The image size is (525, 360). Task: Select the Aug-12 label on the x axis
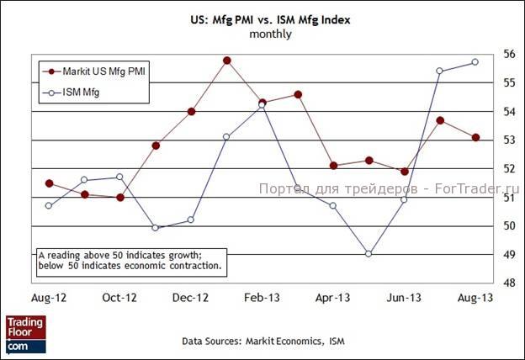click(x=49, y=298)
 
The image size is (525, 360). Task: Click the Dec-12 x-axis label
click(x=191, y=298)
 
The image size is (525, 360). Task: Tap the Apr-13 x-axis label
click(x=333, y=298)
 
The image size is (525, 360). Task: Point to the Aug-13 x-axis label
click(x=475, y=298)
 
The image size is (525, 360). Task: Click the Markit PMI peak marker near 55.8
click(x=227, y=61)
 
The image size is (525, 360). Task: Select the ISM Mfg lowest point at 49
click(x=369, y=253)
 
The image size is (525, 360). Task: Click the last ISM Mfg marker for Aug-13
click(x=475, y=62)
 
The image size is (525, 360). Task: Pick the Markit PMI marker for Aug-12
click(x=50, y=183)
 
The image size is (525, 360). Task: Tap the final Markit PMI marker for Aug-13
click(x=475, y=138)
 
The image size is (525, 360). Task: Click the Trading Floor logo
click(x=25, y=332)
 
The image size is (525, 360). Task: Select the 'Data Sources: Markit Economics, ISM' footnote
click(x=262, y=341)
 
